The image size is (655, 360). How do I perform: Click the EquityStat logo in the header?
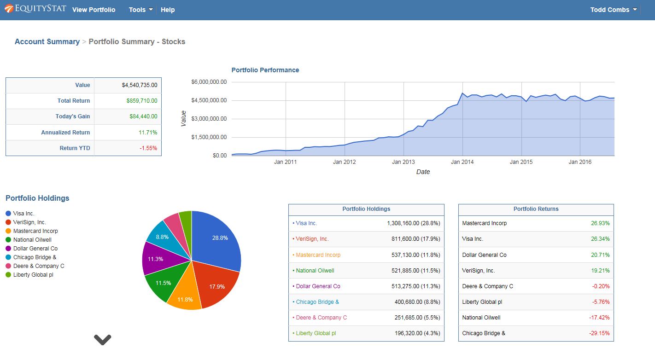35,9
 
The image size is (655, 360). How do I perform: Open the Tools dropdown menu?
140,10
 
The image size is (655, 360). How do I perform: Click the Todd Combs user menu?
614,10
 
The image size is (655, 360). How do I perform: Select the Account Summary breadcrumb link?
47,41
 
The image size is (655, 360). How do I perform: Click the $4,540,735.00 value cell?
139,85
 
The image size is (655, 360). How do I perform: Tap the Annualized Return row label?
65,133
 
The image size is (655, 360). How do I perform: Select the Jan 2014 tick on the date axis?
462,162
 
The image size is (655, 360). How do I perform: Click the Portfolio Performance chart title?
265,70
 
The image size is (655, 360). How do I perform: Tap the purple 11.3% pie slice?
156,259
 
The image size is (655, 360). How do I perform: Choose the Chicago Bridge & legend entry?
35,257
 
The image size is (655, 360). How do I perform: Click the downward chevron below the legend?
102,340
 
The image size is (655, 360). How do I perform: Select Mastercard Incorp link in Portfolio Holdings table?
318,255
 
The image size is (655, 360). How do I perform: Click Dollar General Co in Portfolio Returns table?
484,255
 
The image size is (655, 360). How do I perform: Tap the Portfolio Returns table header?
536,209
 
